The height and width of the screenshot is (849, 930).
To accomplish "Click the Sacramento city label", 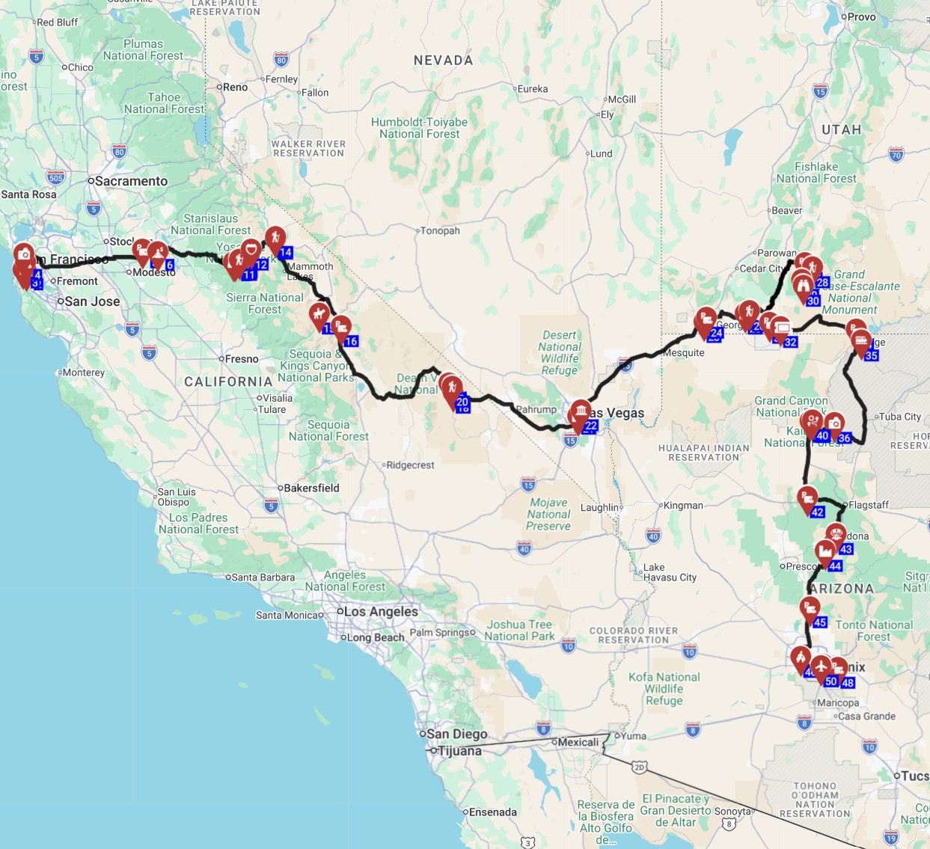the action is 131,181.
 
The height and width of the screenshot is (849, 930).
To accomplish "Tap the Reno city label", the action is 235,88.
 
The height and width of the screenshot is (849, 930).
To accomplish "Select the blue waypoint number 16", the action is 351,341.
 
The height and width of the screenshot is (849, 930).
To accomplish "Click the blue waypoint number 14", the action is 285,253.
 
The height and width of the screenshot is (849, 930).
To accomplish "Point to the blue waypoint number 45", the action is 820,622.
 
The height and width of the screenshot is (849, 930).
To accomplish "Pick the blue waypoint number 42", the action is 818,512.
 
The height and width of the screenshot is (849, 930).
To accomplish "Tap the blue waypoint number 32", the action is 790,342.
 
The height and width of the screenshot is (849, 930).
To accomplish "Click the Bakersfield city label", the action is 311,488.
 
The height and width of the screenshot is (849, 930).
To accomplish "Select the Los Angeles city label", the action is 381,611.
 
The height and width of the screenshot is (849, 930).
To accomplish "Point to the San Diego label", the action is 456,734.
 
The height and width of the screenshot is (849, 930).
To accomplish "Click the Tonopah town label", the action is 440,230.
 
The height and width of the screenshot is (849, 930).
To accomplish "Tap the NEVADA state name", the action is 444,60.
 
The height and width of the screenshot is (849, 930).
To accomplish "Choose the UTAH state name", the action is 842,129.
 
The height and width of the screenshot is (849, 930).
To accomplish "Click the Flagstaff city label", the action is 869,505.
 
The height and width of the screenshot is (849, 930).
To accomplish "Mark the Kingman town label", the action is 683,506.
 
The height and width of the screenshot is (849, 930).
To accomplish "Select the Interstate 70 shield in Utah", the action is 896,155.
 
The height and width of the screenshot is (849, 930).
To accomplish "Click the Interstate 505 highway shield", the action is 55,177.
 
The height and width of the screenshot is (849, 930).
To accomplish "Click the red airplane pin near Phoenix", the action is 821,665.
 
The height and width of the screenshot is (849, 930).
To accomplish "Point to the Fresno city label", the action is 242,359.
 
